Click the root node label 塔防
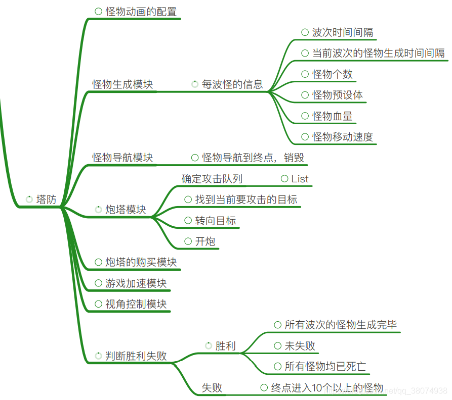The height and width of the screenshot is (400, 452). (47, 199)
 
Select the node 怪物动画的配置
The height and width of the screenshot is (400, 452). (141, 12)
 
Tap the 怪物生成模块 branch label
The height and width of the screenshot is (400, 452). (122, 84)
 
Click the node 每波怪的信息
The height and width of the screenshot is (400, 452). (232, 84)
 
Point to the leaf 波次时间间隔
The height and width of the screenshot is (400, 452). (343, 33)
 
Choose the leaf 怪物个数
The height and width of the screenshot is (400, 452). (333, 74)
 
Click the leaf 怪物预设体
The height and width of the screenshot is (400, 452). (338, 95)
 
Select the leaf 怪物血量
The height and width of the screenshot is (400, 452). (333, 116)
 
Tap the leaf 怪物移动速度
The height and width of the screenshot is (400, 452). (343, 137)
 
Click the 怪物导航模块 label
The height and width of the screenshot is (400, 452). (122, 158)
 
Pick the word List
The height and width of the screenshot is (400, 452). (300, 179)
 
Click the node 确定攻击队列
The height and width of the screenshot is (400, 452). (212, 179)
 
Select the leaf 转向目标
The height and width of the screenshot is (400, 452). (216, 221)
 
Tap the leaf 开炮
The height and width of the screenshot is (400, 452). (206, 241)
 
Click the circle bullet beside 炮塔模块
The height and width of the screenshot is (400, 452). (99, 209)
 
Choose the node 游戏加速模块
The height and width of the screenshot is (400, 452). (136, 283)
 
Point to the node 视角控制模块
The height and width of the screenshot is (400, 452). (136, 304)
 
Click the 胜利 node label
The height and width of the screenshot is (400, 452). (226, 346)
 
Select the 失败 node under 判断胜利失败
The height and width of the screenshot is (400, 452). (212, 388)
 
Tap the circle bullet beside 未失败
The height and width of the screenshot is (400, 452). (277, 345)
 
